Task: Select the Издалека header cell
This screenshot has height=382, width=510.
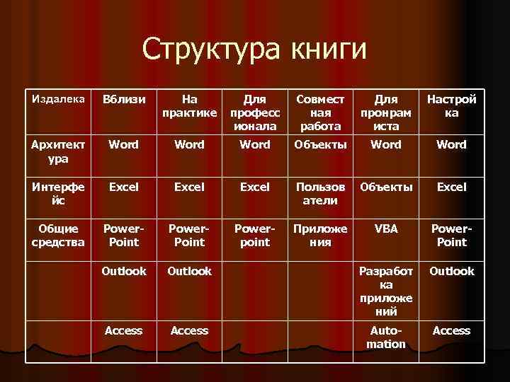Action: coord(59,98)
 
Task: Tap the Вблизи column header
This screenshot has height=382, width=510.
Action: coord(124,100)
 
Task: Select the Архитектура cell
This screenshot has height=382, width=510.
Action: coord(59,151)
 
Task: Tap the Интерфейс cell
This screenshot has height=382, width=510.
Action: coord(59,193)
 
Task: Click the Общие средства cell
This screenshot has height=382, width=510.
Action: coord(59,235)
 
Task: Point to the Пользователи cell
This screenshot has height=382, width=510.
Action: coord(320,193)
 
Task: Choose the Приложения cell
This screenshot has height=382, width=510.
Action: coord(320,235)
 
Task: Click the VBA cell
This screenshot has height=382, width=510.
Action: coord(386,228)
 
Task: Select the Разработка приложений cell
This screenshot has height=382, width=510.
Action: coord(386,291)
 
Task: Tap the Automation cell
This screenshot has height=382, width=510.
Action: coord(386,337)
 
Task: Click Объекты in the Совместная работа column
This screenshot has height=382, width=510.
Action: coord(320,144)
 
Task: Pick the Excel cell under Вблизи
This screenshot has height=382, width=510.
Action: coord(124,187)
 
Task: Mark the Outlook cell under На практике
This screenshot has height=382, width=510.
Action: coord(189,271)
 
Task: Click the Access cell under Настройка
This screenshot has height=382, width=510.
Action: coord(451,330)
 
